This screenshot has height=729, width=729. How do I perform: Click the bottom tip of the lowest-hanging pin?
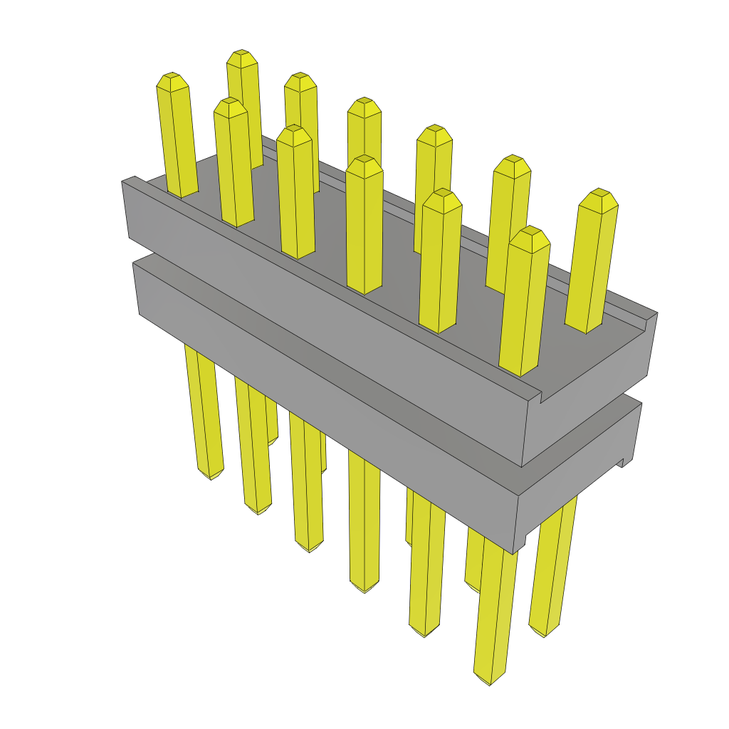490,680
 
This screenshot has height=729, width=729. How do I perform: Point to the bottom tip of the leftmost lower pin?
210,476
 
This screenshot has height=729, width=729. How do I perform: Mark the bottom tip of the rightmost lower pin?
545,632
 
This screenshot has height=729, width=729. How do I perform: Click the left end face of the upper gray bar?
126,210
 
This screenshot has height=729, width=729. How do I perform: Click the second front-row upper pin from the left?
234,164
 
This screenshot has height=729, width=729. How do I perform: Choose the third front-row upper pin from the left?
295,192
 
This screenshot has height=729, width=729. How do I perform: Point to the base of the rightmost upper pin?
585,324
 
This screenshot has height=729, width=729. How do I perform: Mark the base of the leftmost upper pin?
182,191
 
